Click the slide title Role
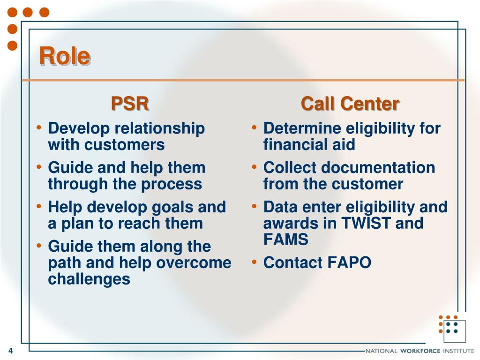[x=65, y=56]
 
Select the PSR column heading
[x=130, y=104]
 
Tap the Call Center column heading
[x=350, y=104]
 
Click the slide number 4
[x=11, y=351]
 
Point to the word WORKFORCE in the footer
[x=420, y=351]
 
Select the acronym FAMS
[x=285, y=239]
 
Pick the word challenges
[x=89, y=279]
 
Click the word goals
[x=172, y=208]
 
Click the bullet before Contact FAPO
[x=254, y=262]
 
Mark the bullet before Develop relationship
[x=38, y=127]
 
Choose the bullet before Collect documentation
[x=254, y=167]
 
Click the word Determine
[x=302, y=128]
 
